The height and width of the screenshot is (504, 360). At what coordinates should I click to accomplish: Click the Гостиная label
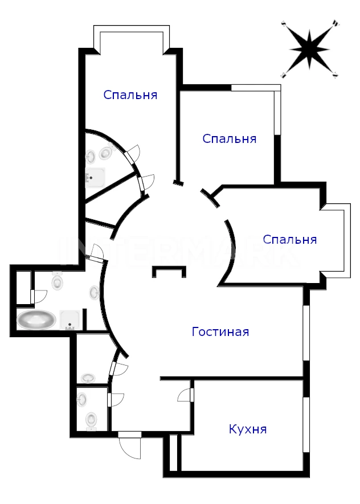(220, 331)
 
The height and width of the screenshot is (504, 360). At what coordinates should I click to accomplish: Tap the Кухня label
(248, 429)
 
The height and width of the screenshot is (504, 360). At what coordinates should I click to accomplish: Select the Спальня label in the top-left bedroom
(130, 95)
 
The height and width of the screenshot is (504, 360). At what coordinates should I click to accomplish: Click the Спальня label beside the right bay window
(290, 239)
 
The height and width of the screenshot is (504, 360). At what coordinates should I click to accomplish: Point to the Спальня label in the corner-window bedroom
(230, 138)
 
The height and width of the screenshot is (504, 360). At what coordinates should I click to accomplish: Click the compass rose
(309, 49)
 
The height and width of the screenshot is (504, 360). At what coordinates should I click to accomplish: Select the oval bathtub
(36, 320)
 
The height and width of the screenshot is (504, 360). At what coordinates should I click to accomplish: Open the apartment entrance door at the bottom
(130, 446)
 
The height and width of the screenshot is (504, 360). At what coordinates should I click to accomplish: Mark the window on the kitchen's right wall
(306, 425)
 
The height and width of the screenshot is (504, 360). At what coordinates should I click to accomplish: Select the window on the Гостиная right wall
(306, 333)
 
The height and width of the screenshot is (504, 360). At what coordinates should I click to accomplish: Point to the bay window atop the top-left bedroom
(132, 39)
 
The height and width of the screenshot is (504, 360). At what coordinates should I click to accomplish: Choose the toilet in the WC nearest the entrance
(91, 420)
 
